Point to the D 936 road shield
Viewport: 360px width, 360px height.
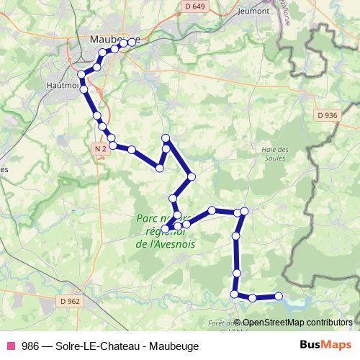(x=327, y=114)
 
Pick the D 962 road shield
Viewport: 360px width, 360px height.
(x=71, y=301)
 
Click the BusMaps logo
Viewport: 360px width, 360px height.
(x=325, y=346)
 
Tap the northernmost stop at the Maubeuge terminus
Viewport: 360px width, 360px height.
(x=132, y=42)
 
